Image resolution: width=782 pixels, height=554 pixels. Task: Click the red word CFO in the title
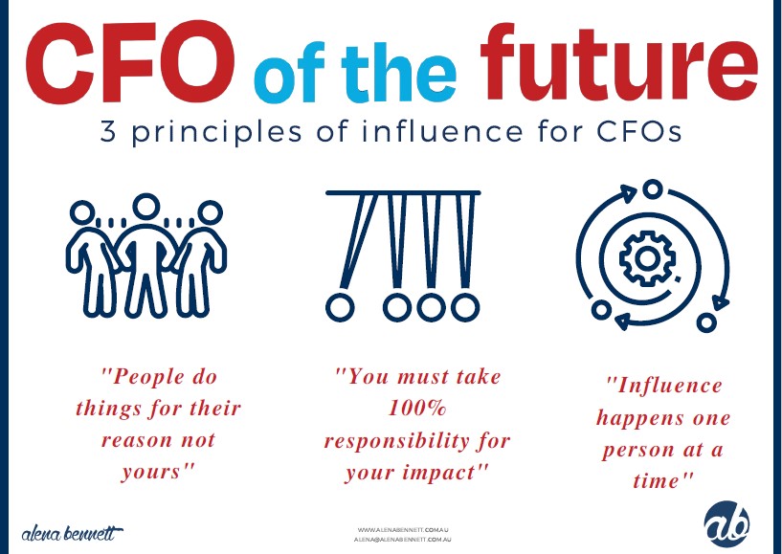coord(130,62)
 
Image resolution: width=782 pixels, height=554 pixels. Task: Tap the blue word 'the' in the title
coord(398,73)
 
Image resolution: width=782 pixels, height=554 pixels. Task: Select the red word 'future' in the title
coord(618,62)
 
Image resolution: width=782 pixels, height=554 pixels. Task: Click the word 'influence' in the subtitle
coord(442,132)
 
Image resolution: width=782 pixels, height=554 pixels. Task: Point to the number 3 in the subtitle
coord(108,133)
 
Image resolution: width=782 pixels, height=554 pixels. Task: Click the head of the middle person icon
coord(146,207)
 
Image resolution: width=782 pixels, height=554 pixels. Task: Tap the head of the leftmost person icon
coord(81,213)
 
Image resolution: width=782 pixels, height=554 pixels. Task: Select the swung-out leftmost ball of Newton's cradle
coord(340,308)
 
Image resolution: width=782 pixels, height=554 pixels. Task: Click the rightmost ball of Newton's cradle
coord(465,307)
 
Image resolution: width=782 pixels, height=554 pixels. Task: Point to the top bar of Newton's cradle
coord(403,192)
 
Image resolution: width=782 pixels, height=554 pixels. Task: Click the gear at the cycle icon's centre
coord(647,258)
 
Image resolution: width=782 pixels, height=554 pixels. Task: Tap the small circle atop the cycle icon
coord(652,189)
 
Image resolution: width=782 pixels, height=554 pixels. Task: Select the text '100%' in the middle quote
coord(417,409)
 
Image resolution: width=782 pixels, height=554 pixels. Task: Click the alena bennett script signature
coord(72,533)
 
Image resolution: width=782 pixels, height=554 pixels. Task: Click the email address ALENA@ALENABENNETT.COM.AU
coord(403,540)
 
